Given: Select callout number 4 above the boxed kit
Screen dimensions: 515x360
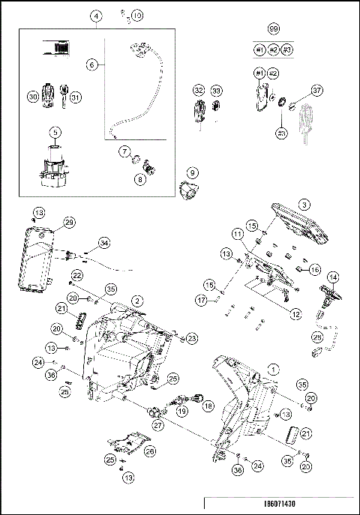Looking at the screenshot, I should pos(97,15).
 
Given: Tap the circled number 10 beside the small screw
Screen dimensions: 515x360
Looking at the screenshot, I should pos(136,15).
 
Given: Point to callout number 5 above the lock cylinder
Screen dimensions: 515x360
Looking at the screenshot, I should pos(55,133).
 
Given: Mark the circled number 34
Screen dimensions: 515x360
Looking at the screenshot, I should pos(103,242).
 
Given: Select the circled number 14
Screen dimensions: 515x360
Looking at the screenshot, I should pos(332,277).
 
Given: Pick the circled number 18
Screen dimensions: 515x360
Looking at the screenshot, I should pos(208,406).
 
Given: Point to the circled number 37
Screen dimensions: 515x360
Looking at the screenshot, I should pos(317,90).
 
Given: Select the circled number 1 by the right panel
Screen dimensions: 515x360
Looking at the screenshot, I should pos(273,370).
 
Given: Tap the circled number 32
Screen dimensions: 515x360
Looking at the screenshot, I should pos(199,90).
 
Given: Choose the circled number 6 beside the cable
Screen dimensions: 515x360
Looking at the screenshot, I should pos(92,65).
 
